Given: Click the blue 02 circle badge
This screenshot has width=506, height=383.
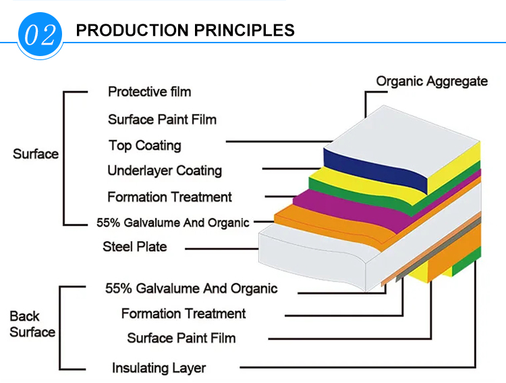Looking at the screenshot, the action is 40,34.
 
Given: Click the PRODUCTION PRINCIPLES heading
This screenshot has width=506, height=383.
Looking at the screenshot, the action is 186,30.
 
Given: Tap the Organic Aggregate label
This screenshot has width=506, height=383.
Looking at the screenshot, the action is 432,82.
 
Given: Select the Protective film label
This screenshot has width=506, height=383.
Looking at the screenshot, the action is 149,92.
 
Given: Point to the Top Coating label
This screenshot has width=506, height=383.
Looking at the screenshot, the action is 145,146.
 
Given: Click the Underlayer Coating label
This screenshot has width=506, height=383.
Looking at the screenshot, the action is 165,171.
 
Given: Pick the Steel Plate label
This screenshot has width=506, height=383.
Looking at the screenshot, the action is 134,247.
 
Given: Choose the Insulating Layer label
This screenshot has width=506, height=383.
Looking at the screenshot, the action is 159,368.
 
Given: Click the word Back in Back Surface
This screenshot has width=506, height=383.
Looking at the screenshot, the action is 24,316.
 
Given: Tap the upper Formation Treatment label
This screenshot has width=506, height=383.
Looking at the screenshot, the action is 169,197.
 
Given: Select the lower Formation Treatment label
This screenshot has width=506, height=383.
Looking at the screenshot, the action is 184,314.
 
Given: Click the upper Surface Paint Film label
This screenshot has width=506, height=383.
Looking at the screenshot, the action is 162,120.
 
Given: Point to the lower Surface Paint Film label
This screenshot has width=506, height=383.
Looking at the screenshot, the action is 181,338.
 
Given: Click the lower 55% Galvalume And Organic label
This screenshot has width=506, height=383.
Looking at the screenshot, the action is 192,288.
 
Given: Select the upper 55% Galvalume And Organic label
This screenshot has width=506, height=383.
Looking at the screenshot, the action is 173,223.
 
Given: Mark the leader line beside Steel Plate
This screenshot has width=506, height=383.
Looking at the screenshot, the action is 222,249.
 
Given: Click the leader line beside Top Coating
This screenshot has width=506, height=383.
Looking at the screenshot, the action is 279,141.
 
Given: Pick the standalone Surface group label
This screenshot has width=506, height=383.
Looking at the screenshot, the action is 36,154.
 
